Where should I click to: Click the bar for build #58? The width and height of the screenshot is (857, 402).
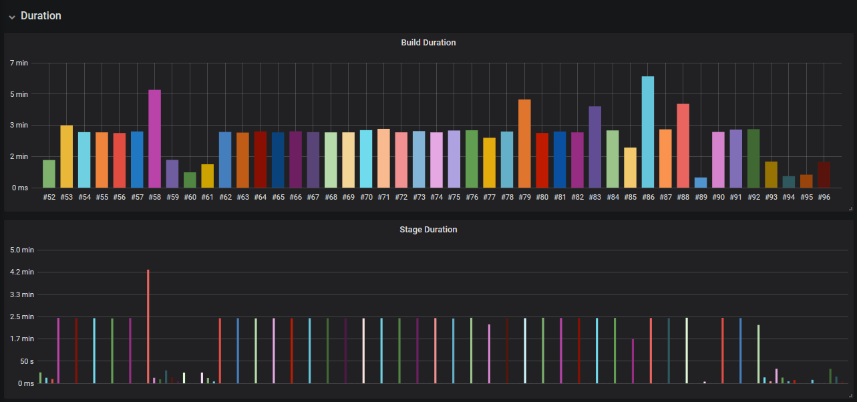coord(154,139)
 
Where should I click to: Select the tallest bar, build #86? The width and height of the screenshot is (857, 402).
coord(648,132)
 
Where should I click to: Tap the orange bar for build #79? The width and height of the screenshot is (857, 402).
coord(524,144)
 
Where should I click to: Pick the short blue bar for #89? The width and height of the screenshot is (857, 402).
coord(701,182)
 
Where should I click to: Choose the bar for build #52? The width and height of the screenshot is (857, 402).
coord(49,174)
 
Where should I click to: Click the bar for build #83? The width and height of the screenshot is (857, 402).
coord(595,147)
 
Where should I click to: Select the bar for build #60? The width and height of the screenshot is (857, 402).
coord(190,180)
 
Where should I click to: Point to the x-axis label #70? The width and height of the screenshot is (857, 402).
coord(366,197)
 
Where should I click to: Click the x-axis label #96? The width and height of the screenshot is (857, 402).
coord(824,197)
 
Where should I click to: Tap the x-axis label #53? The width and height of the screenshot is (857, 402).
coord(67,197)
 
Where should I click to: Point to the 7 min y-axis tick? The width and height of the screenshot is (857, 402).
coord(19,63)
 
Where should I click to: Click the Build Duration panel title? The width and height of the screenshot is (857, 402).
coord(428,43)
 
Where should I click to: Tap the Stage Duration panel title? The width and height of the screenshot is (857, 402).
coord(428,230)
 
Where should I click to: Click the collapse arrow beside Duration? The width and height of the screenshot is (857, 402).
coord(12,17)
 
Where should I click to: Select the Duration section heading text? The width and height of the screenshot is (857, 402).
coord(41,16)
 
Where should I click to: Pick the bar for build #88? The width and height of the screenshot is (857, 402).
coord(683,146)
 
